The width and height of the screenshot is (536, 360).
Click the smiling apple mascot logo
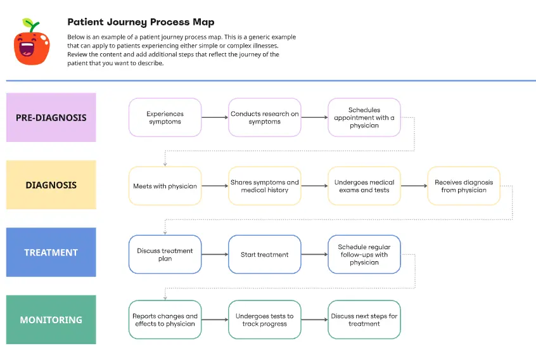pos(32,44)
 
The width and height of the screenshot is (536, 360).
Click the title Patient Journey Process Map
pos(141,22)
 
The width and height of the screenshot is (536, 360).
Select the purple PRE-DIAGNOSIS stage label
pos(51,117)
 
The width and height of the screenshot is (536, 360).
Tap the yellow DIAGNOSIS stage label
pos(51,185)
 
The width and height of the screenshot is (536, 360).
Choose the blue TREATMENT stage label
pos(51,252)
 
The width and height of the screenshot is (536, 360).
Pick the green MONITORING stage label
pos(51,319)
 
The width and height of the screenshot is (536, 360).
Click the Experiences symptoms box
pos(165,118)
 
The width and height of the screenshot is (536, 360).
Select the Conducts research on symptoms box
pos(264,118)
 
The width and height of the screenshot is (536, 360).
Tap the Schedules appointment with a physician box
pos(364,118)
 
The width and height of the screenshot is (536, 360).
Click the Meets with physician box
pos(165,186)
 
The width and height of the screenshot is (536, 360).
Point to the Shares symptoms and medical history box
pos(264,186)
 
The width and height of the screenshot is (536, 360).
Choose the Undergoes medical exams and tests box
pos(364,186)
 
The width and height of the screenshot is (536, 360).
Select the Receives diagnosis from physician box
pos(464,186)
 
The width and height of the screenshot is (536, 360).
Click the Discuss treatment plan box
pos(165,254)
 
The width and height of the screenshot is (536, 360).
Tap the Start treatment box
pos(264,254)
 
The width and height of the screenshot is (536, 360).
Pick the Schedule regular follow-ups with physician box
pos(364,254)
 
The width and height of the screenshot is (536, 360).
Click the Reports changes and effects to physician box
pos(165,320)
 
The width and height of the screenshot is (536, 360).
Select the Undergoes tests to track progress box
pos(264,320)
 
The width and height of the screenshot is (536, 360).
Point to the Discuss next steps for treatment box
pos(364,320)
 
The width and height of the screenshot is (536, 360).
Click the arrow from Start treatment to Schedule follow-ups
pos(314,254)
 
